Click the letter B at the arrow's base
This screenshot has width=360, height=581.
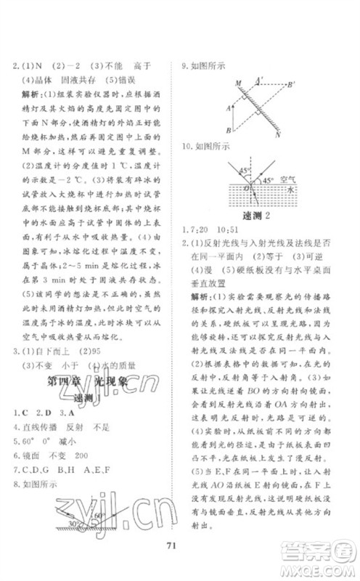(x=228, y=131)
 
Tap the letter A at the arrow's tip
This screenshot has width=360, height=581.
(x=228, y=107)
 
